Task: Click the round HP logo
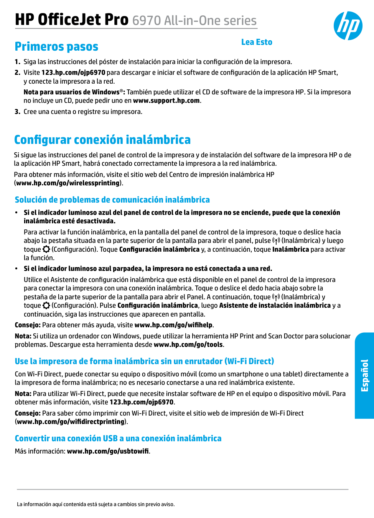tap(348, 26)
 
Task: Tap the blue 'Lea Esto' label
tap(257, 42)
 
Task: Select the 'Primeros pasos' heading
tap(56, 47)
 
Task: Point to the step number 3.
tap(17, 112)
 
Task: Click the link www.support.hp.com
tap(166, 101)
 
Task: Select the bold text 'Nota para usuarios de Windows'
tap(71, 92)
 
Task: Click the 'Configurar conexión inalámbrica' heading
tap(102, 140)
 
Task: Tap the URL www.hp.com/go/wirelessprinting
tap(68, 183)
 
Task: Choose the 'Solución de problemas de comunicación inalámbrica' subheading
tap(112, 200)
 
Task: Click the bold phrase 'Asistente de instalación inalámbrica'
tap(275, 305)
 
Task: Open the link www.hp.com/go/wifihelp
tap(173, 325)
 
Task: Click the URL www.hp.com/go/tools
tap(188, 345)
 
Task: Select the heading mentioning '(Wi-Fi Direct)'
tap(144, 361)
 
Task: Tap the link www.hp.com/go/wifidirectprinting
tap(71, 422)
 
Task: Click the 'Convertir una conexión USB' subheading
tap(118, 438)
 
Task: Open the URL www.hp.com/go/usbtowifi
tap(108, 451)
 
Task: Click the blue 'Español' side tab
tap(364, 375)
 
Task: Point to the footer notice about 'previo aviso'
tap(96, 504)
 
